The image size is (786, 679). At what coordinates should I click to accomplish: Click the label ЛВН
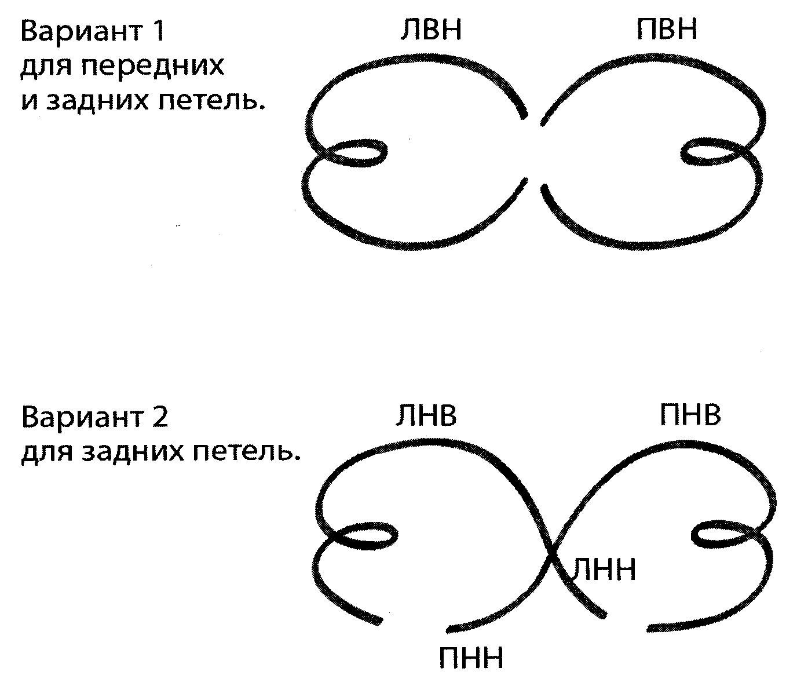click(x=431, y=29)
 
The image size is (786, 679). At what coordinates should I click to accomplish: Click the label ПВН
click(x=667, y=29)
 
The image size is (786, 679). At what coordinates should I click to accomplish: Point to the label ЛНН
click(x=604, y=570)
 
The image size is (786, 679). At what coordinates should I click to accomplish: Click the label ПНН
click(x=471, y=657)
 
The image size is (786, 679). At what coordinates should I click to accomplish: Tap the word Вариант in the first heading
click(x=81, y=31)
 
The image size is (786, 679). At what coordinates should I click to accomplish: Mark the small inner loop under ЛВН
click(x=355, y=153)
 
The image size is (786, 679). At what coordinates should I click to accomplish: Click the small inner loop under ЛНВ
click(x=365, y=535)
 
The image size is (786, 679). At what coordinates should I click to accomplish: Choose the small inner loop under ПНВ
click(x=722, y=535)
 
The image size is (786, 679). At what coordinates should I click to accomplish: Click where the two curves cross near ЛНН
click(x=551, y=558)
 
